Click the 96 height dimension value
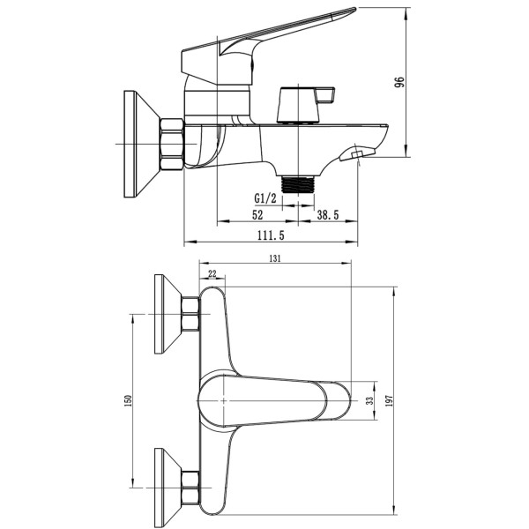[399, 82]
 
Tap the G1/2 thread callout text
[265, 198]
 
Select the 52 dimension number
[257, 214]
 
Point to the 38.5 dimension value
[327, 214]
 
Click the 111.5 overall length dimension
[271, 235]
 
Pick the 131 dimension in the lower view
[275, 258]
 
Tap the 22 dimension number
[212, 273]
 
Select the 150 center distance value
[128, 400]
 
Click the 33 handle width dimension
[370, 400]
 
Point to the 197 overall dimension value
[390, 401]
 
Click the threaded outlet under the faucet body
[298, 184]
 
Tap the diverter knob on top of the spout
[305, 105]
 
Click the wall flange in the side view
[142, 144]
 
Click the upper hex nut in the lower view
[190, 314]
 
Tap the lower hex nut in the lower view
[190, 488]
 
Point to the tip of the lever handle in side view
[354, 9]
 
